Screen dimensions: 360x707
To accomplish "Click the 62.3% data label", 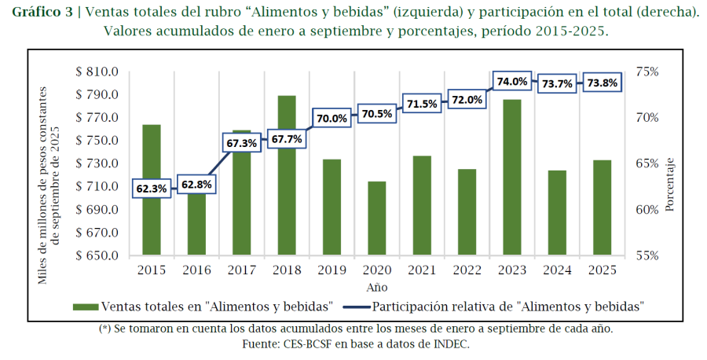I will pyautogui.click(x=151, y=189).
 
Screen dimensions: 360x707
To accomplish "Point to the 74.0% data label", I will pyautogui.click(x=512, y=81).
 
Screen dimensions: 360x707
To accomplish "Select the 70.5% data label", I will pyautogui.click(x=376, y=113).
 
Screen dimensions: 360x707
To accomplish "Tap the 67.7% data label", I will pyautogui.click(x=286, y=139).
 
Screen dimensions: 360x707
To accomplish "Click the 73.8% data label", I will pyautogui.click(x=602, y=83).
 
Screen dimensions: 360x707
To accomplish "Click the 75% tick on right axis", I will pyautogui.click(x=647, y=72).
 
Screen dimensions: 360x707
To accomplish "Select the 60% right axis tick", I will pyautogui.click(x=647, y=210).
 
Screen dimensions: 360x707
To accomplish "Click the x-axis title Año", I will pyautogui.click(x=376, y=288).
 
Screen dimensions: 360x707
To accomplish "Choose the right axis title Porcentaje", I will pyautogui.click(x=670, y=184).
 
